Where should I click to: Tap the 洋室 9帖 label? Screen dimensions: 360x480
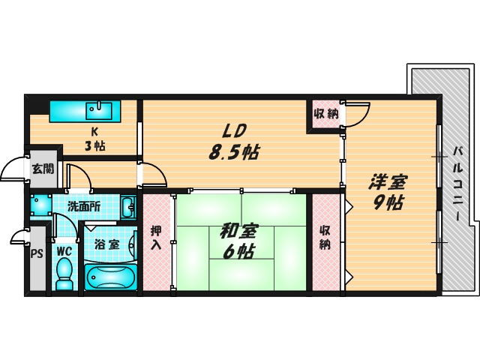pyautogui.click(x=388, y=192)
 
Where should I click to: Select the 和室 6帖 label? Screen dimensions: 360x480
pyautogui.click(x=238, y=242)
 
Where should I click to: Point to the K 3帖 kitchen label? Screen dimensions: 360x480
pyautogui.click(x=95, y=139)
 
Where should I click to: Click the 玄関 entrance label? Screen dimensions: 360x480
pyautogui.click(x=42, y=169)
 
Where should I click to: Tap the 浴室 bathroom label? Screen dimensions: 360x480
pyautogui.click(x=106, y=244)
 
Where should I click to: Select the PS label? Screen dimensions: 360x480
pyautogui.click(x=37, y=252)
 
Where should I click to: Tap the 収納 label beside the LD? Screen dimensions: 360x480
pyautogui.click(x=325, y=114)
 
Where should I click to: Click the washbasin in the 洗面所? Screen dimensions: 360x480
pyautogui.click(x=127, y=205)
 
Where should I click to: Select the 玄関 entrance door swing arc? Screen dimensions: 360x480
pyautogui.click(x=13, y=171)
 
